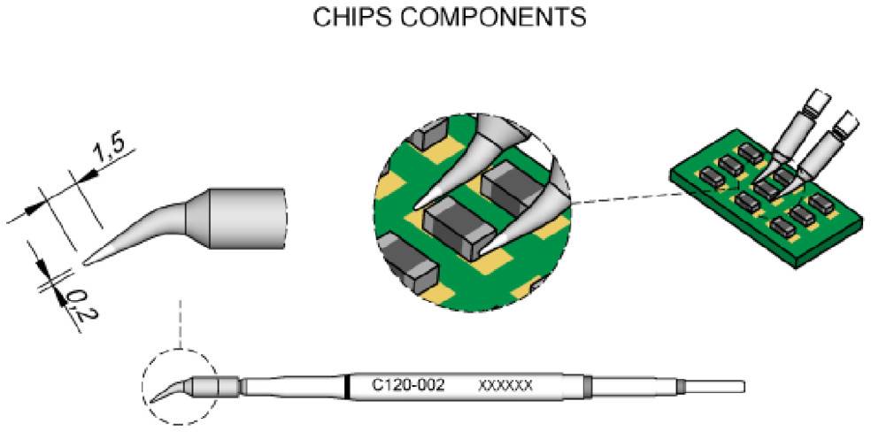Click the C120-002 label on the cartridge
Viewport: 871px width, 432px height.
point(407,386)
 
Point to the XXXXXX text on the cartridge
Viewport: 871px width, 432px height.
point(505,387)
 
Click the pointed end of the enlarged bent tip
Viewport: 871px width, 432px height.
point(86,263)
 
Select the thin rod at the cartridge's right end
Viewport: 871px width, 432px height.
point(713,387)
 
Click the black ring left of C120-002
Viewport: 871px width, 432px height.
point(346,387)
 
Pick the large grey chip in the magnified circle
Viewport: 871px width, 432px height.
point(457,223)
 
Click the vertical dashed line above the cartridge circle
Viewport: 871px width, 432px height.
point(180,323)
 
